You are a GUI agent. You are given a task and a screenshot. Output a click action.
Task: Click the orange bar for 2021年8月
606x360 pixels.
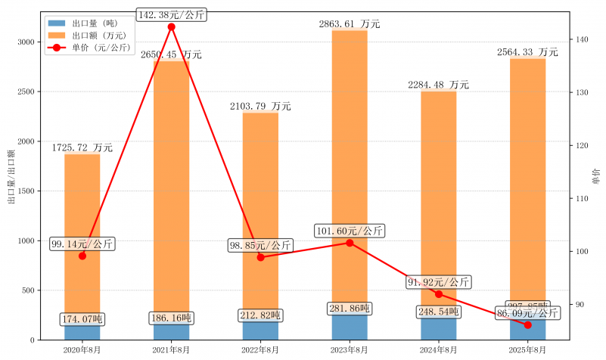(171, 189)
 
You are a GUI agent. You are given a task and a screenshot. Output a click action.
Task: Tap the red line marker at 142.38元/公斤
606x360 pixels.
(171, 26)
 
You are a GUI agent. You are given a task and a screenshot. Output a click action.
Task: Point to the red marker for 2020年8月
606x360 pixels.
(82, 256)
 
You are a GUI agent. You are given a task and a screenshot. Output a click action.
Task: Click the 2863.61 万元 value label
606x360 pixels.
(349, 24)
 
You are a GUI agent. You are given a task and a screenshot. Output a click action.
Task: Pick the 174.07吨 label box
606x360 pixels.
(82, 319)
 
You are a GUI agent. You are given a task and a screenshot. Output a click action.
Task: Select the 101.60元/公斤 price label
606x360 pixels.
(350, 231)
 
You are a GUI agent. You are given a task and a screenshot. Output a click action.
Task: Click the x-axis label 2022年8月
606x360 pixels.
(260, 349)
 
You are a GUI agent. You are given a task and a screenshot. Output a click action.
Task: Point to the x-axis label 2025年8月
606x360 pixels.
(527, 349)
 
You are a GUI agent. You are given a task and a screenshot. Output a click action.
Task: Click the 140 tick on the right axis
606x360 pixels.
(581, 39)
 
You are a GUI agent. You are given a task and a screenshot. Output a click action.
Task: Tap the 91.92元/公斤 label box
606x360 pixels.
(439, 282)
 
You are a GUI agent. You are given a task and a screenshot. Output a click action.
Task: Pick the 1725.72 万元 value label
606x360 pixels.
(82, 147)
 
